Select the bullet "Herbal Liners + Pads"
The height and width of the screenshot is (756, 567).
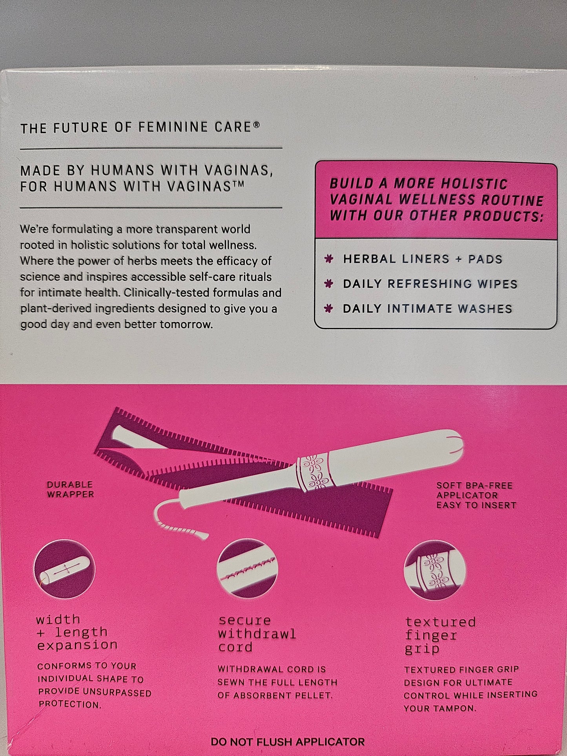[423, 259]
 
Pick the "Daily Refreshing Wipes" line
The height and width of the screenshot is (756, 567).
[430, 284]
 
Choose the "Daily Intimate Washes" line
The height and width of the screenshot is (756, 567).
[427, 309]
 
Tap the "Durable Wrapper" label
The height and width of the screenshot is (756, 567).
[70, 489]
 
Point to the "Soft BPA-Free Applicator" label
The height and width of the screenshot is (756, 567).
[476, 495]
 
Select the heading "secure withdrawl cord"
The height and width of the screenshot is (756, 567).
[257, 634]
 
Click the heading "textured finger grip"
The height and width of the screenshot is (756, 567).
[440, 636]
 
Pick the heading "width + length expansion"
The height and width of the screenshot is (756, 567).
[77, 632]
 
